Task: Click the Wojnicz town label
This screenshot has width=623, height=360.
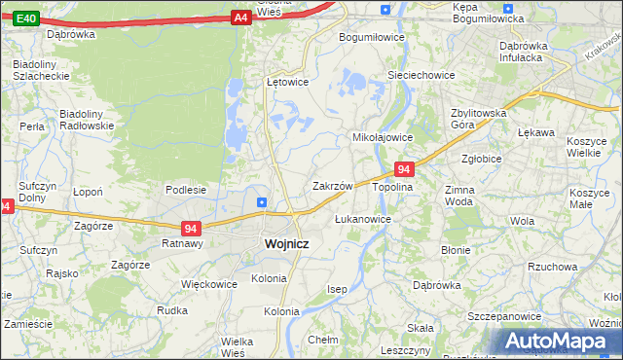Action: (x=286, y=244)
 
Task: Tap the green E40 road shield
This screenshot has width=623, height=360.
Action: (x=27, y=18)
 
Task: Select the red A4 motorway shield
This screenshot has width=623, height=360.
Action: (x=241, y=18)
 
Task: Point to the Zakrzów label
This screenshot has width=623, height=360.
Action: (x=331, y=185)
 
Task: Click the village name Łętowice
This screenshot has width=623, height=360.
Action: (x=287, y=82)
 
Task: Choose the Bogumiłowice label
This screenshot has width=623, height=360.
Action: (x=371, y=37)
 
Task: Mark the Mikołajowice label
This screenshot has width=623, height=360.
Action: (x=383, y=137)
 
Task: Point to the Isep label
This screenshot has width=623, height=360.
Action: (x=337, y=289)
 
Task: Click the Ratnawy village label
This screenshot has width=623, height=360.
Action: (x=181, y=244)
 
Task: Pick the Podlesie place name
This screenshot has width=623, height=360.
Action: (x=185, y=190)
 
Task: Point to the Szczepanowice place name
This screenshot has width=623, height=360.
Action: (x=504, y=317)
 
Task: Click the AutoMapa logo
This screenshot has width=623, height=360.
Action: (x=557, y=341)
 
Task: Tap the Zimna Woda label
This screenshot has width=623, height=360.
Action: (x=458, y=196)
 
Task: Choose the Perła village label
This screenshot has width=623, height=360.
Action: (x=32, y=127)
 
